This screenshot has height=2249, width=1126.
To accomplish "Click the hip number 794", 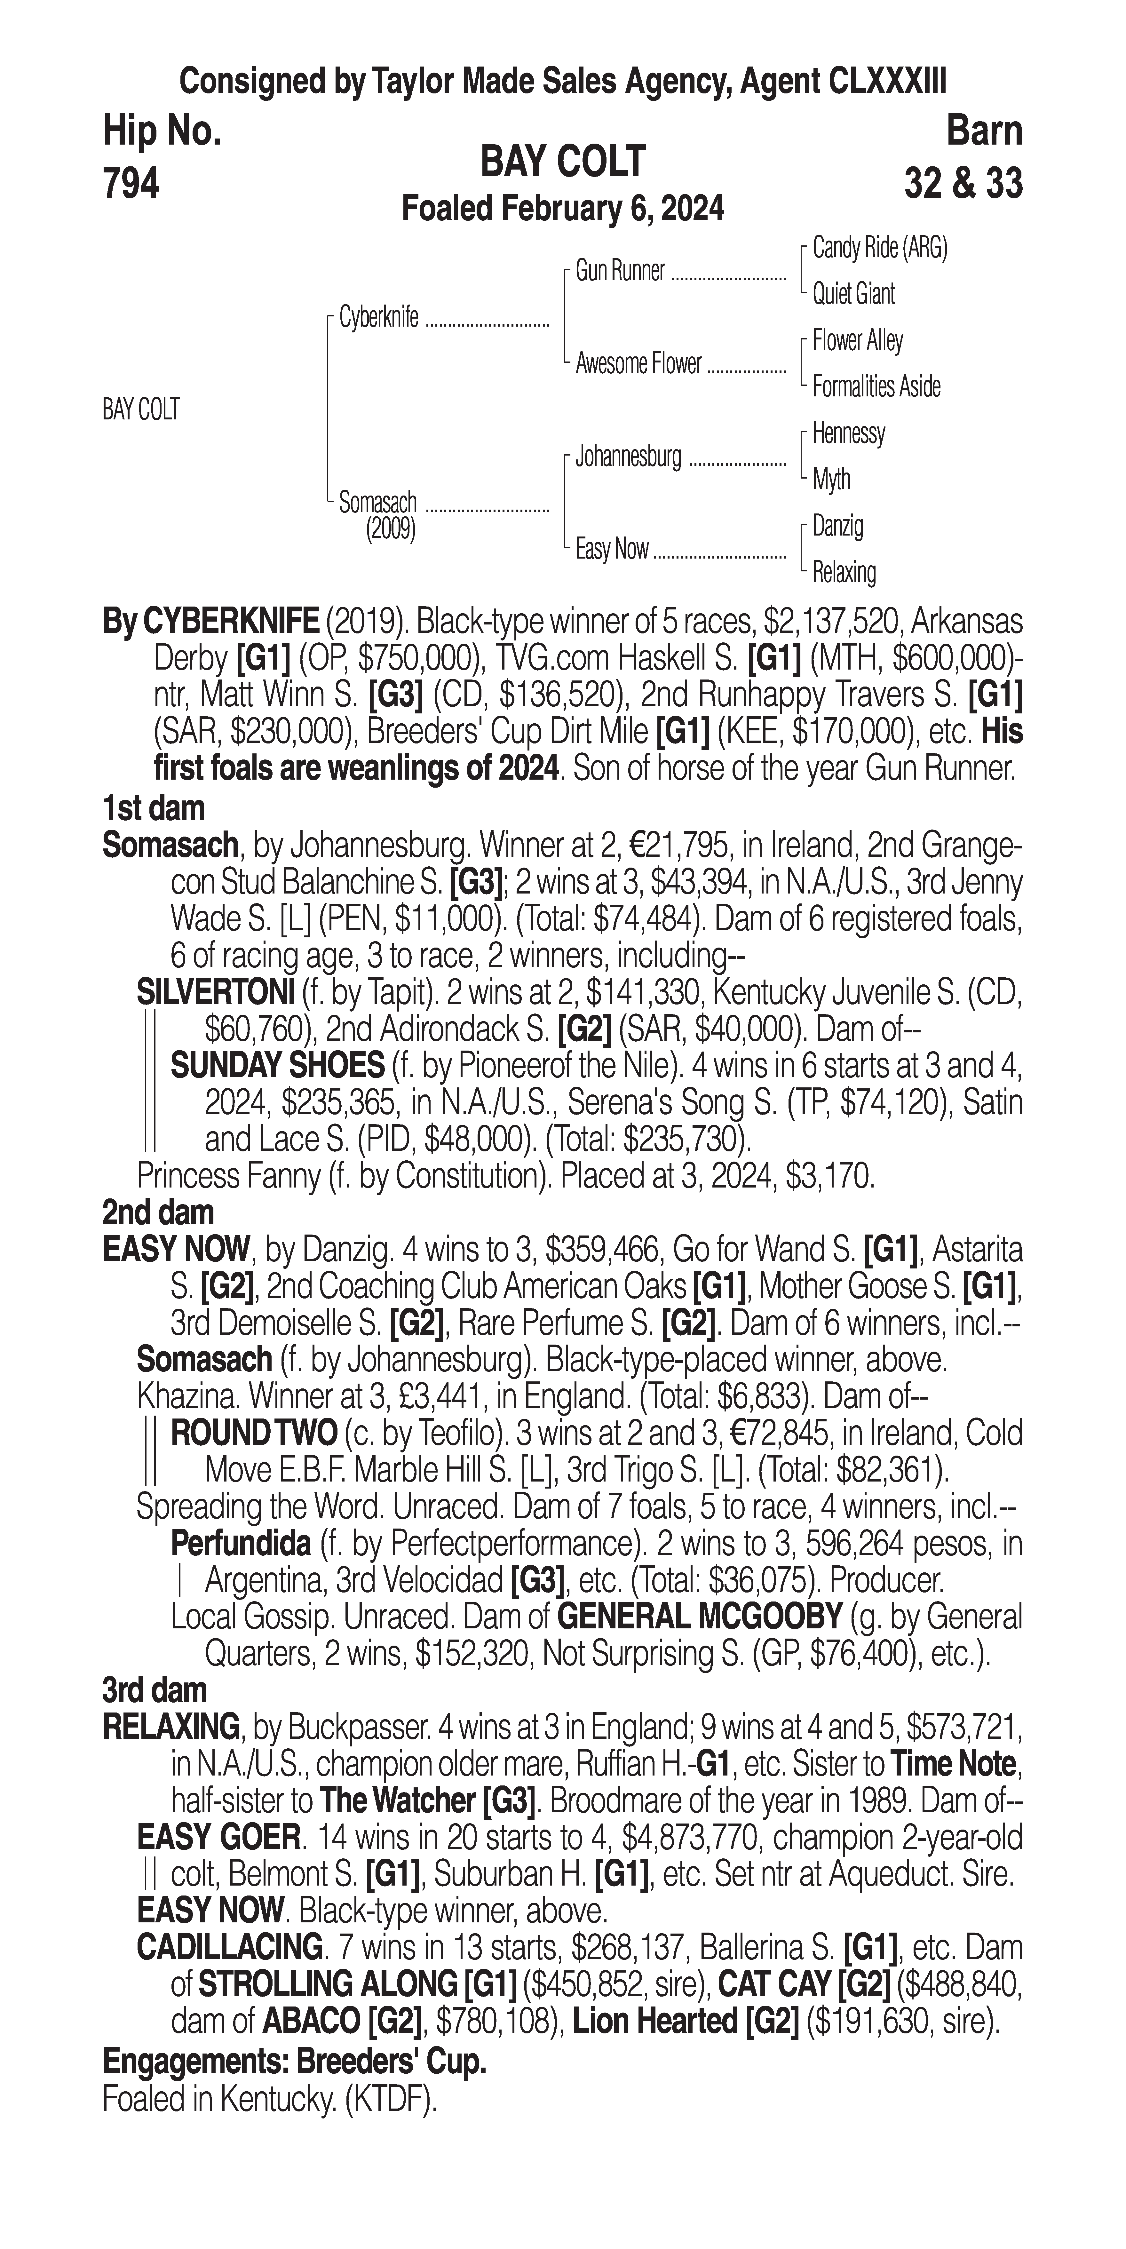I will (131, 183).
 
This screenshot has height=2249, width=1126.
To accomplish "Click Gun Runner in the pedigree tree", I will (620, 272).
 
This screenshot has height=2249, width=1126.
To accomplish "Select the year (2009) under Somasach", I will (390, 529).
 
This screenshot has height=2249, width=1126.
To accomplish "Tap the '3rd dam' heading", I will (155, 1690).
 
